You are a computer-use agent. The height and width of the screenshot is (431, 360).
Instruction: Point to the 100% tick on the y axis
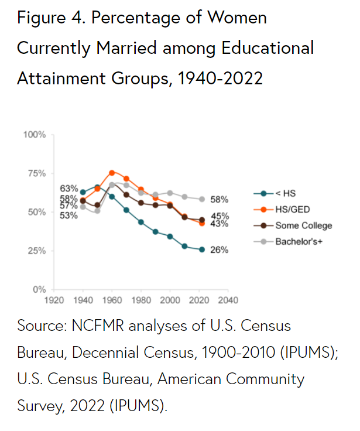35,135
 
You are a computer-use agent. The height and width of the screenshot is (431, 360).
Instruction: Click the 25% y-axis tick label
36,251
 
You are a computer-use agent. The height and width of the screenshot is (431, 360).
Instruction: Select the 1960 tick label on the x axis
112,300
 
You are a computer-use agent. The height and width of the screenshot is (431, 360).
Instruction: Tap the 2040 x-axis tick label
227,300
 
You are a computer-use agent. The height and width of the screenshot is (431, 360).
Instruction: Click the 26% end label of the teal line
219,250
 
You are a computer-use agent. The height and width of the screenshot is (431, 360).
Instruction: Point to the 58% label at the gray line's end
219,200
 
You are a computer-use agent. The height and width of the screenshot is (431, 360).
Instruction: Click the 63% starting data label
68,189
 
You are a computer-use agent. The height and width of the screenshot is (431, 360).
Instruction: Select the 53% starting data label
68,215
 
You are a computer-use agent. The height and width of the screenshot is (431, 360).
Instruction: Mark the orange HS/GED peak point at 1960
112,173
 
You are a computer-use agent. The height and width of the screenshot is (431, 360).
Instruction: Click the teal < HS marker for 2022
202,249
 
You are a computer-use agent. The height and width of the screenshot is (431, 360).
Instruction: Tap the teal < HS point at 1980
141,222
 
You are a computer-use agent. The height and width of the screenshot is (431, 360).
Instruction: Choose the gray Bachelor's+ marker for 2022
202,199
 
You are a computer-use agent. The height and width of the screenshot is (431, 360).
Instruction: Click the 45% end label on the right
219,215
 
